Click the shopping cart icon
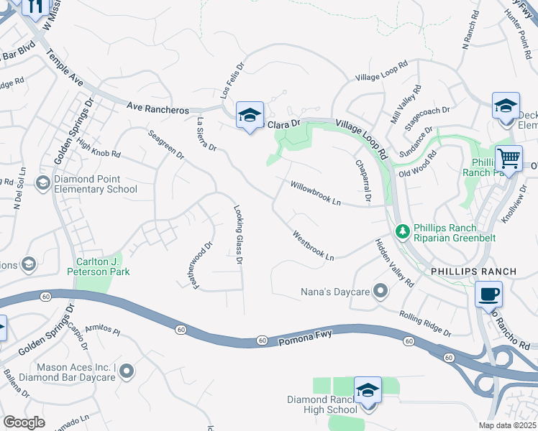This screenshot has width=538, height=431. tap(509, 157)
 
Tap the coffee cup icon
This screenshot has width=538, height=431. tap(489, 294)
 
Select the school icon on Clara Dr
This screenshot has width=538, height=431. tap(250, 115)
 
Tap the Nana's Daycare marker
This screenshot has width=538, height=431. tap(380, 292)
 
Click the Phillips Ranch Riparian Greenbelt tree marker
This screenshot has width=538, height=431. tap(403, 230)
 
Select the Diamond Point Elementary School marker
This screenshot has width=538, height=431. tap(43, 182)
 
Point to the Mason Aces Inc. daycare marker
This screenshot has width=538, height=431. tap(127, 371)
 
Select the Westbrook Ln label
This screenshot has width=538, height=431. tap(314, 246)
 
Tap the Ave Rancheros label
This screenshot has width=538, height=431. tap(157, 108)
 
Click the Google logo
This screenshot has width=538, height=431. tap(24, 422)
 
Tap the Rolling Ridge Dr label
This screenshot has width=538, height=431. tap(425, 323)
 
